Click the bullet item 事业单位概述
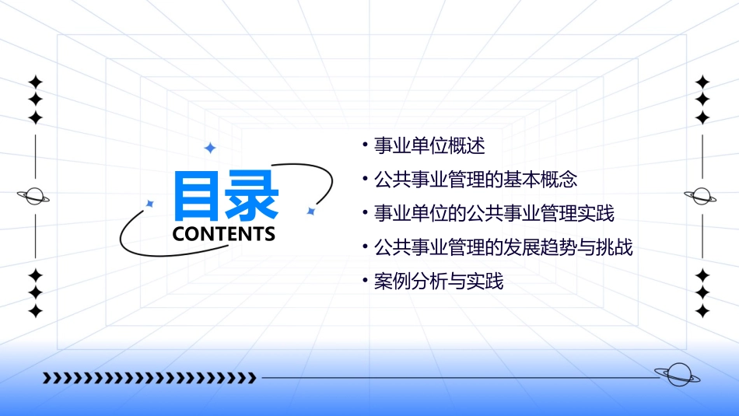coord(429,145)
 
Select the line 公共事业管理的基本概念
coord(476,180)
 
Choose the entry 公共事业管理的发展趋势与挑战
coord(503,247)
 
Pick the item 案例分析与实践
coord(439,281)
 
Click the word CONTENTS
coord(224,234)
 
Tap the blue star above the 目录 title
coord(209,148)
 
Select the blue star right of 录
coord(310,211)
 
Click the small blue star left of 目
coord(150,204)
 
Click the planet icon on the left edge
coord(33,196)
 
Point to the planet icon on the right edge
coord(702,196)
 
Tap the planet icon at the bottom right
coord(677,376)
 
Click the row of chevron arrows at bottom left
coord(149,379)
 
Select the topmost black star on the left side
coord(35,82)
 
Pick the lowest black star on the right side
coord(702,311)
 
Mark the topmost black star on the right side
coord(702,82)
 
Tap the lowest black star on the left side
coord(35,311)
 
